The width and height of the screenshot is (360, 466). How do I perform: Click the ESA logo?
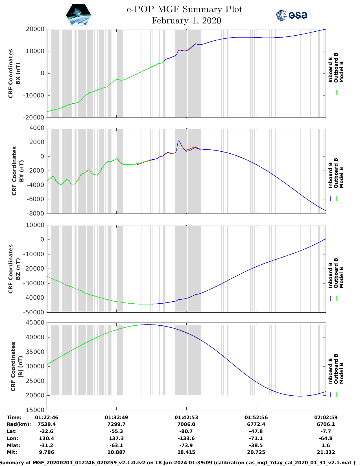pos(292,15)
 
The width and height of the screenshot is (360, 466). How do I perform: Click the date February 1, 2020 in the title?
pos(186,21)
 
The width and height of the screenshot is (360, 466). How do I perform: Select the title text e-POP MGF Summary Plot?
pos(184,9)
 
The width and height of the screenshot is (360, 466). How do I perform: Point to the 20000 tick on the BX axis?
pos(35,29)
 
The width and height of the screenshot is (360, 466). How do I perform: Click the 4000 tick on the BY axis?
pos(37,128)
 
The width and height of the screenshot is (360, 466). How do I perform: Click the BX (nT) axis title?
pos(18,73)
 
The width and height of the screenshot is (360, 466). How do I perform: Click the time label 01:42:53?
pos(186,417)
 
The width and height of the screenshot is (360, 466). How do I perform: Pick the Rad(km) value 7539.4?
pos(47,424)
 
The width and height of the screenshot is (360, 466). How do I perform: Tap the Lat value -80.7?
pos(186,431)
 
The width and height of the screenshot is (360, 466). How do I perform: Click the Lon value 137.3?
pos(116,438)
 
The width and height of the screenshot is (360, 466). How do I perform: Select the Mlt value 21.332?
pos(326,452)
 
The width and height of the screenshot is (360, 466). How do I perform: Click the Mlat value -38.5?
pos(256,445)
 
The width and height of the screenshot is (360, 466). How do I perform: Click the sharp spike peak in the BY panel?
pos(179,141)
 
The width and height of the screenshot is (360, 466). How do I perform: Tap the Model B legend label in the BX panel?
pos(341,72)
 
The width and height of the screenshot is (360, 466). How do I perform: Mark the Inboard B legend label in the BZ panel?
pos(330,275)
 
